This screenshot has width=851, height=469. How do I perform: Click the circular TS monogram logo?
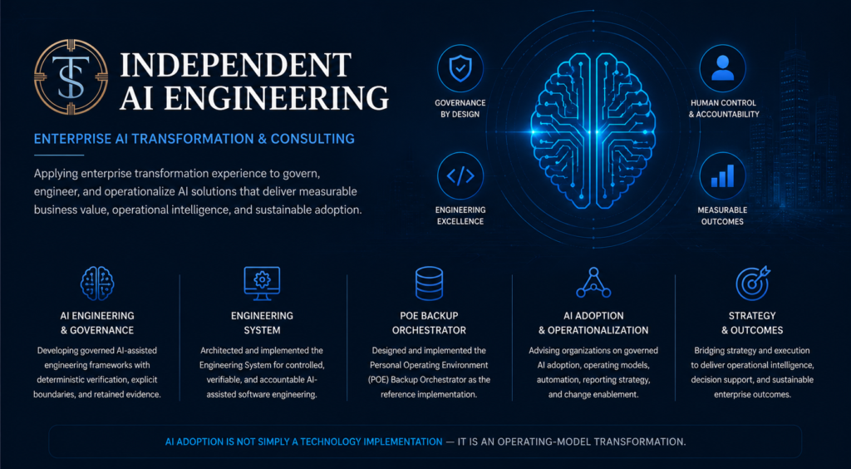(71, 77)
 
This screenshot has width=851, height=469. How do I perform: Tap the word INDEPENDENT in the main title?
(235, 65)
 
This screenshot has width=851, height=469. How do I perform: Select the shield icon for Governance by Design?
(460, 68)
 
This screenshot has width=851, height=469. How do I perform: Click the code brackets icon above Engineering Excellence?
(460, 175)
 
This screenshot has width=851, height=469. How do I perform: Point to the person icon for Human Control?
(722, 68)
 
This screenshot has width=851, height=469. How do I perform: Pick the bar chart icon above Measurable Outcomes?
(722, 175)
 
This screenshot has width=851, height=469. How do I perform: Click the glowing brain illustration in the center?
(593, 131)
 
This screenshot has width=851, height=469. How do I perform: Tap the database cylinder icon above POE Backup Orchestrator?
(429, 283)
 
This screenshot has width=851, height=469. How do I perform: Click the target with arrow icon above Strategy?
(752, 282)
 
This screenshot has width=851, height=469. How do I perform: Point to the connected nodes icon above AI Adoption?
(593, 282)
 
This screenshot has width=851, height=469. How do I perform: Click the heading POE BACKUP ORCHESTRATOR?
(429, 323)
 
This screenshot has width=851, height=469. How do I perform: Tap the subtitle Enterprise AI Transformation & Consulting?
(194, 139)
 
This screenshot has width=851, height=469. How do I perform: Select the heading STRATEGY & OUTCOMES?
(752, 323)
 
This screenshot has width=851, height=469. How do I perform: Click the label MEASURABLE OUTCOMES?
(722, 216)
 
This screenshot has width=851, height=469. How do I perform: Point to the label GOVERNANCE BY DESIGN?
(460, 109)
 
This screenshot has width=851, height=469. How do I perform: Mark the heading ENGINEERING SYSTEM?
(262, 323)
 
